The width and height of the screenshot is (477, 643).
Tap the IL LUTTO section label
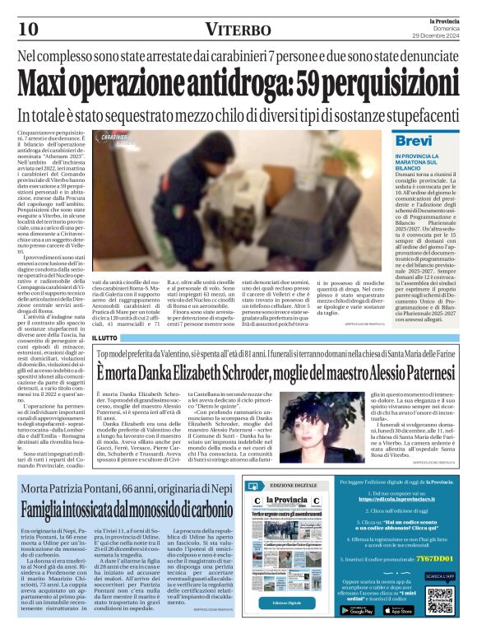tap(104, 338)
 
